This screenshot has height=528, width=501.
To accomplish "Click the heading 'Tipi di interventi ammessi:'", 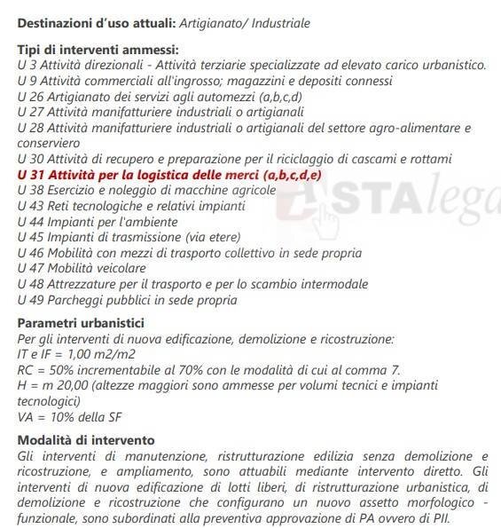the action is pos(98,50).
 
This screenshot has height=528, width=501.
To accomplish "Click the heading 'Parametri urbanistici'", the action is pos(81,323).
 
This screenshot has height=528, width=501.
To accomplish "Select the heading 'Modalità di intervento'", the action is pos(86,439).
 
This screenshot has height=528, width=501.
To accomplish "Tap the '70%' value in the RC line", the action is pos(194,369).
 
